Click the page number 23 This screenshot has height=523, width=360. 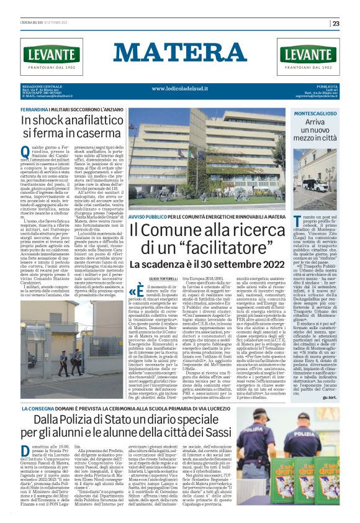pos(353,24)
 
